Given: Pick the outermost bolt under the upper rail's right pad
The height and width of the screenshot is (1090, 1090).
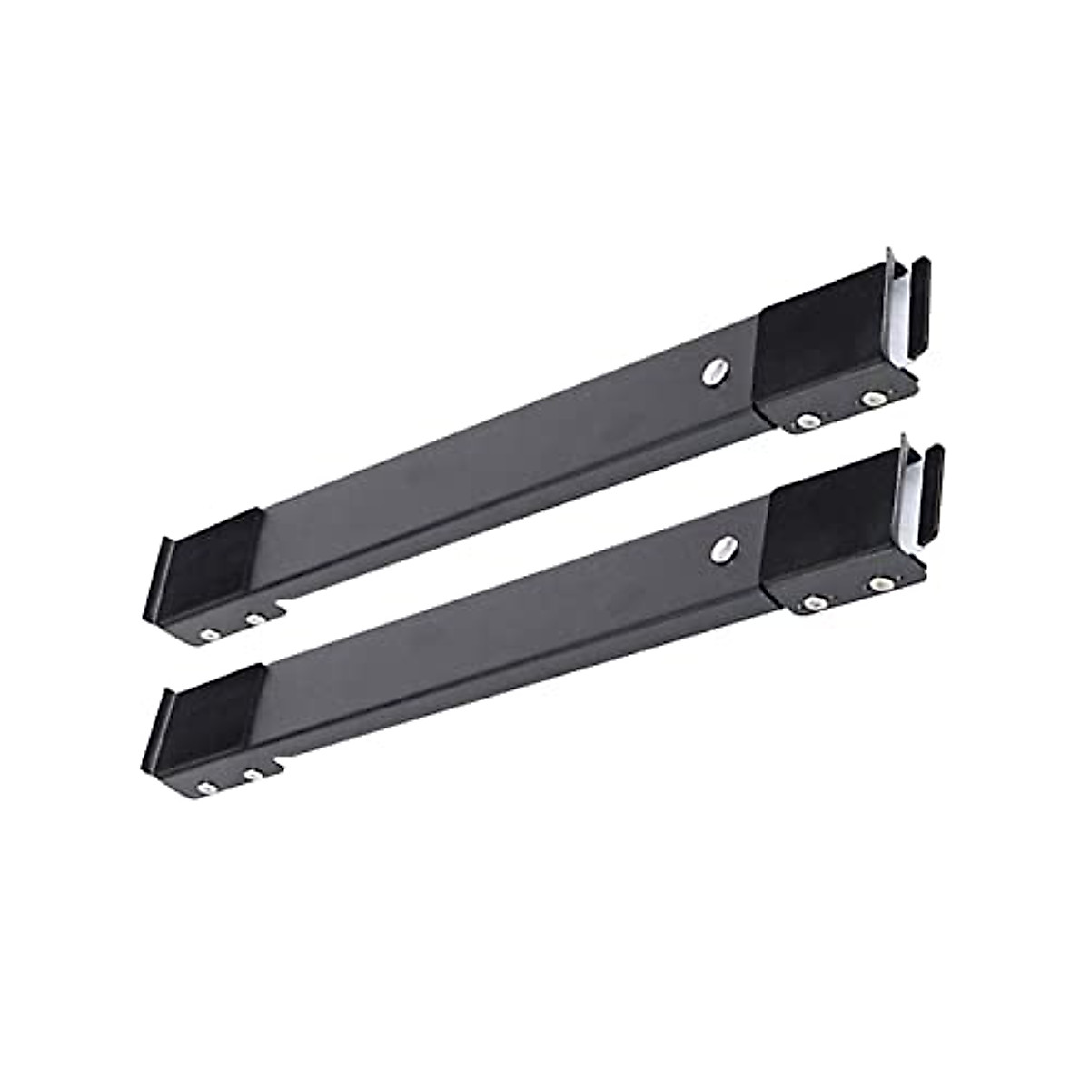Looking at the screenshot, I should click(x=874, y=397).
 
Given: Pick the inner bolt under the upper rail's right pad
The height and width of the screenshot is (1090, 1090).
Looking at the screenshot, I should click(x=806, y=420).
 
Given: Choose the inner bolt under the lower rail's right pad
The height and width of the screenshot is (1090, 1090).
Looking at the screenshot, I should click(x=811, y=602).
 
